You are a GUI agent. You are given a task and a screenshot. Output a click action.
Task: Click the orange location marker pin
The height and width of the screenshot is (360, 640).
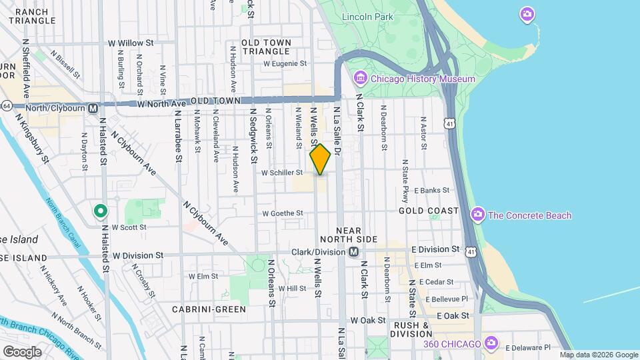(320, 159)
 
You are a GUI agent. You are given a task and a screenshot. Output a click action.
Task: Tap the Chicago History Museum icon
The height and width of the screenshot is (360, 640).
(361, 79)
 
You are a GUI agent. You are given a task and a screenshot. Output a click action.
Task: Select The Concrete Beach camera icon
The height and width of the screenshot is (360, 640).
(477, 215)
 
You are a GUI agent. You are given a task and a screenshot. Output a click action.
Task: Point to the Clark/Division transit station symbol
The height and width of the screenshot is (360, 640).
(354, 252)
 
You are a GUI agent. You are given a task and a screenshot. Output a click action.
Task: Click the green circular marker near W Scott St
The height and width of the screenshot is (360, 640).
(100, 211)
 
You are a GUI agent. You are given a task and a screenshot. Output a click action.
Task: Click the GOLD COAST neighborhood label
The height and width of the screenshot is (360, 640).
(429, 211)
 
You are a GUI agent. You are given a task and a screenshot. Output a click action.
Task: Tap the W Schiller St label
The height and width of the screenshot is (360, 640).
(282, 172)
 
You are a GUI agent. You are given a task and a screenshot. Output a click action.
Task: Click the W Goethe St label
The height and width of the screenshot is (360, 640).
(283, 213)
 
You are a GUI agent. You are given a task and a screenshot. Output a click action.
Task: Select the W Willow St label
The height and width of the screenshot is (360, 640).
(131, 43)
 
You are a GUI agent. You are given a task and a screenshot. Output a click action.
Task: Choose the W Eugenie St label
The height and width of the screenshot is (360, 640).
(285, 64)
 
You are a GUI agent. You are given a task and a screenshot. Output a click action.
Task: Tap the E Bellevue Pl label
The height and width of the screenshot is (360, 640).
(446, 299)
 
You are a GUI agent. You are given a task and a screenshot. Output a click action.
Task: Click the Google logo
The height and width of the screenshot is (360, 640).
(22, 351)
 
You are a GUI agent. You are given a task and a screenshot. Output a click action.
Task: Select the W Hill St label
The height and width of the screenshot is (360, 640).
(291, 289)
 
